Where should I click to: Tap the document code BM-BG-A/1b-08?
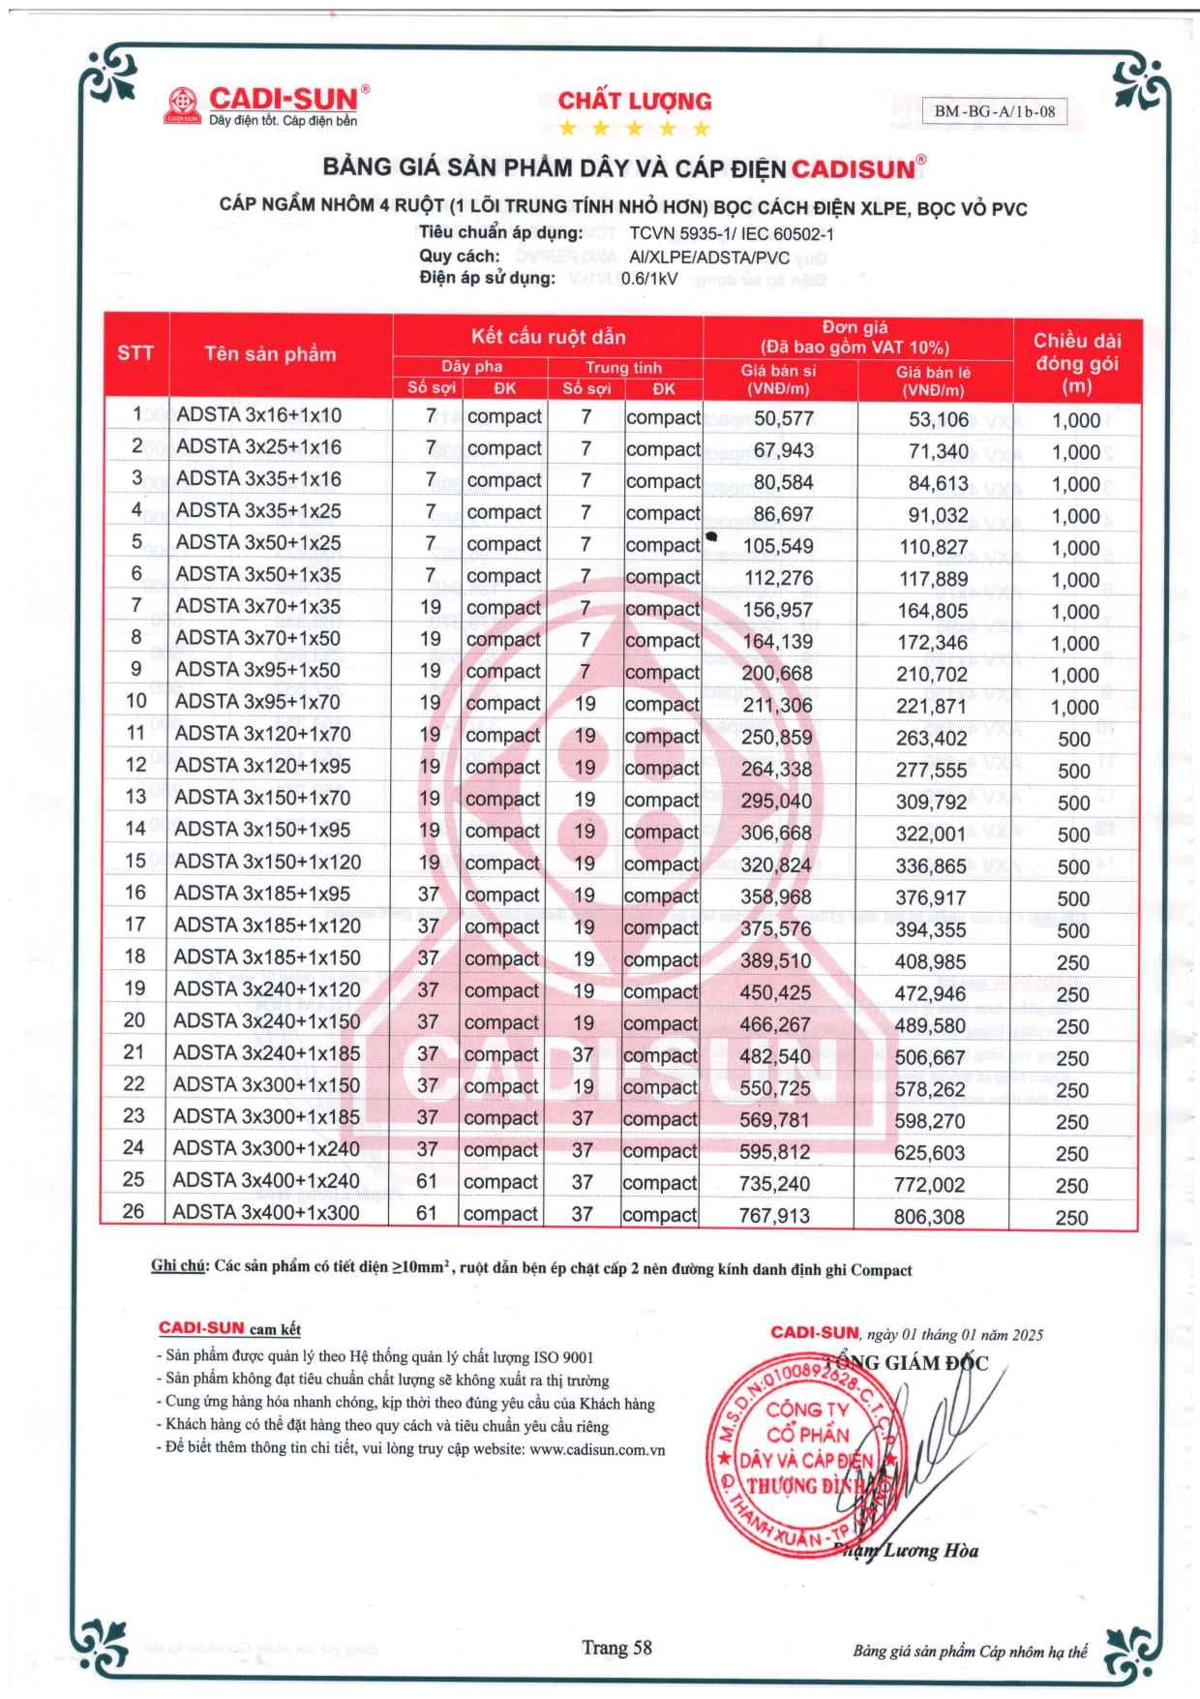tap(994, 111)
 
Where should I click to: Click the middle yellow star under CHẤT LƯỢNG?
tap(634, 129)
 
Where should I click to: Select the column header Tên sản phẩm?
tap(270, 354)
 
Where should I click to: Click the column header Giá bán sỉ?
tap(778, 379)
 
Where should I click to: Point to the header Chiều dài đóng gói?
tap(1076, 363)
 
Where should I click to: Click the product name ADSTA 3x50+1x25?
tap(258, 543)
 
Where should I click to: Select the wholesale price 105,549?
tap(778, 546)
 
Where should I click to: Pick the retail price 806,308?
tap(929, 1217)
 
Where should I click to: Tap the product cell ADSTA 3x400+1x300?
tap(266, 1213)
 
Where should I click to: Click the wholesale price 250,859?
tap(777, 738)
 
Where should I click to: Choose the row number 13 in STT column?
tap(135, 797)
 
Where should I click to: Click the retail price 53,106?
tap(938, 419)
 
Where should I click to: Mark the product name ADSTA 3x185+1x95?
tap(262, 894)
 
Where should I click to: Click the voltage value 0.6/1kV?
tap(648, 279)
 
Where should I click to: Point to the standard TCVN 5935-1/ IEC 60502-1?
tap(731, 233)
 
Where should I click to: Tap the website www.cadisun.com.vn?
tap(597, 1450)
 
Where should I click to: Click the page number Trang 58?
tap(616, 1648)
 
